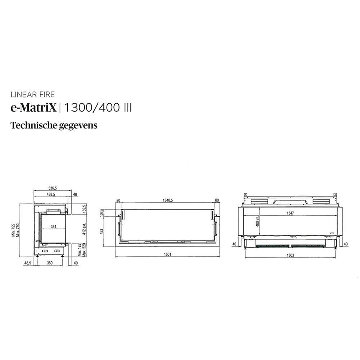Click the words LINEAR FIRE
pos(33,95)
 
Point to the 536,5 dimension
pos(53,188)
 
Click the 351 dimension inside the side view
pos(53,227)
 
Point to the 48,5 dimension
pos(27,263)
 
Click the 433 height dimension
pos(102,231)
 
